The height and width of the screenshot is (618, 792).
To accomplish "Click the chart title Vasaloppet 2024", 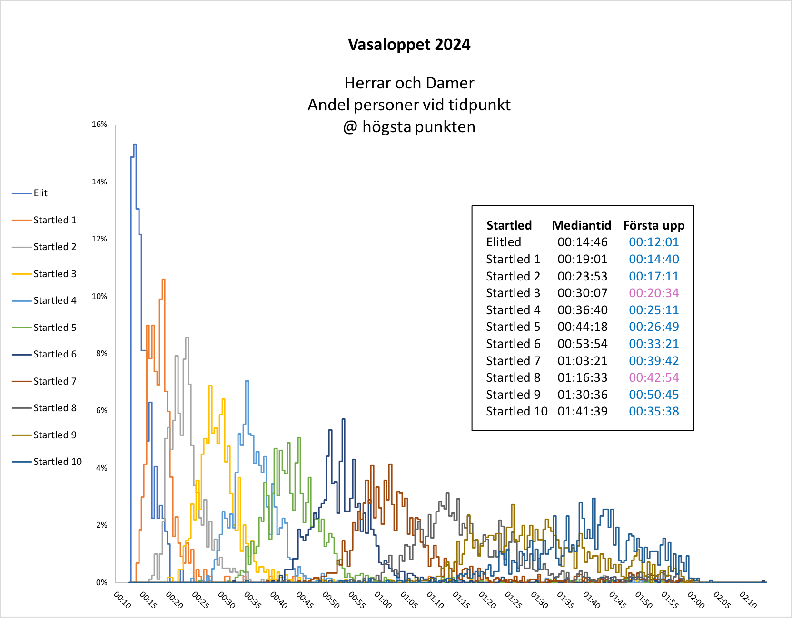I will (409, 45).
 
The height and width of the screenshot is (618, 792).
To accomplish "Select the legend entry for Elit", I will (40, 193).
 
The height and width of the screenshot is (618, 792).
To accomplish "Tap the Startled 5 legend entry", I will (54, 328).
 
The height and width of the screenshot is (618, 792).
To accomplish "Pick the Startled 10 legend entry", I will (57, 462).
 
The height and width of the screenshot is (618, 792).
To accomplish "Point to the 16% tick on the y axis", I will (99, 125).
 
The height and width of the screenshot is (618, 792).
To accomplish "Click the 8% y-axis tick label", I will (101, 354).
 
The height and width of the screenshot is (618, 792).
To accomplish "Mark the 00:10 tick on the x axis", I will (122, 600).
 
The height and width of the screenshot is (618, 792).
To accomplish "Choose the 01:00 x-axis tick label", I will (383, 600).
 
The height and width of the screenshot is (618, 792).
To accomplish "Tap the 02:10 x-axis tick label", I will (748, 600).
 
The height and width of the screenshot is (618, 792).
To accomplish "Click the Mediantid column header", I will (581, 225).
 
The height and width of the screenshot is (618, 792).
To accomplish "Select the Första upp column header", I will (653, 225).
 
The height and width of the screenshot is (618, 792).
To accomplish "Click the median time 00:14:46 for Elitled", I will (583, 242).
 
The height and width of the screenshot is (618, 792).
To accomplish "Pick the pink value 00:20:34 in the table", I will (653, 293).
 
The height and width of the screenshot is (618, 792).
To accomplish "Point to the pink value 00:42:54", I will (653, 377).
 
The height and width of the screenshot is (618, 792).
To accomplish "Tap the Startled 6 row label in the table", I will (513, 344).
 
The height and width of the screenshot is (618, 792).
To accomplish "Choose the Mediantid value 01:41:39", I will (583, 411).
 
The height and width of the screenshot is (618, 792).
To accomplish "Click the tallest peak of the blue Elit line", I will (135, 145).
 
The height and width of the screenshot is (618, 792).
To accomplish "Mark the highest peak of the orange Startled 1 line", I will (164, 280).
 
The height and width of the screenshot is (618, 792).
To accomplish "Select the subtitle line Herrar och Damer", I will (409, 83).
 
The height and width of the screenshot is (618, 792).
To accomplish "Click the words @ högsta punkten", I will (409, 127).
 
